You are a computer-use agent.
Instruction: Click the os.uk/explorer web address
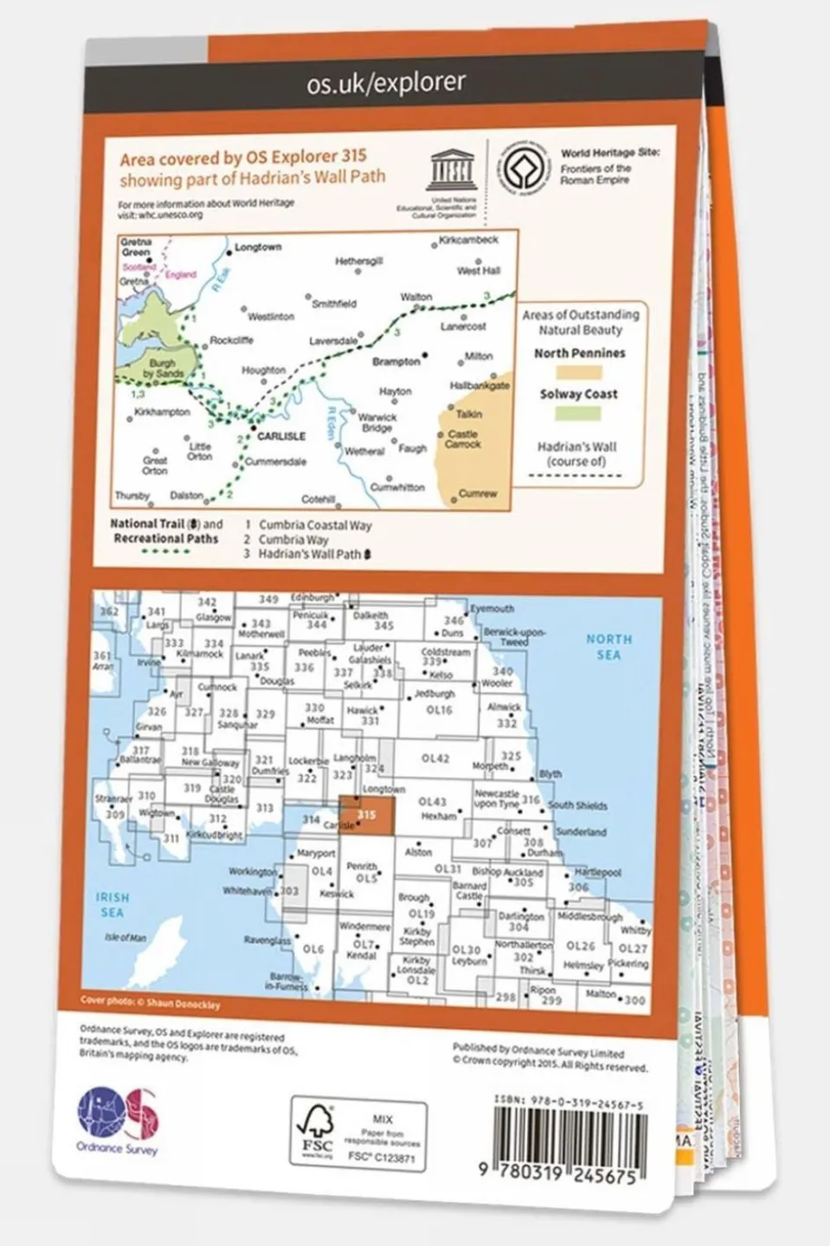click(x=386, y=82)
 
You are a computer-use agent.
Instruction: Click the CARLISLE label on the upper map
click(x=281, y=436)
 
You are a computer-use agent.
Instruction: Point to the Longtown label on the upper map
click(x=258, y=247)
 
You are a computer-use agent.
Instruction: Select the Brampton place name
click(x=396, y=361)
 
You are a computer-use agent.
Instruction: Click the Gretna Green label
click(x=136, y=247)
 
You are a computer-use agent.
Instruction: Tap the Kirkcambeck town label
click(x=468, y=240)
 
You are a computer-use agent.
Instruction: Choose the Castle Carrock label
click(x=463, y=439)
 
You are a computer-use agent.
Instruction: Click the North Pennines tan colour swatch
click(x=578, y=372)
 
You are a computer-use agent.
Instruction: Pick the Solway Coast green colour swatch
click(x=578, y=413)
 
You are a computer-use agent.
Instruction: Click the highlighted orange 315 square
click(x=366, y=816)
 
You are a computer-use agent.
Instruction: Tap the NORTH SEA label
click(x=608, y=647)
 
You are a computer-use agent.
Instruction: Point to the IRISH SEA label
click(x=113, y=905)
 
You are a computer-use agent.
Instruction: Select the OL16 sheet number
click(x=440, y=710)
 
